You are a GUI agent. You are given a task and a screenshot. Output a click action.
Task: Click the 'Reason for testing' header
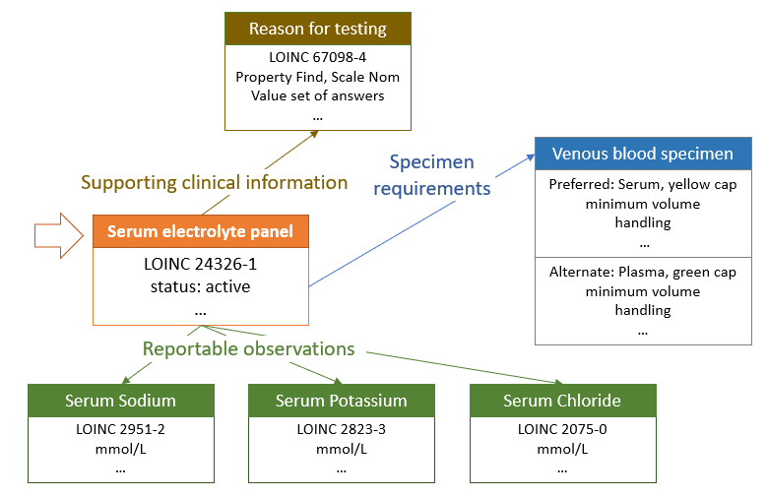click(318, 29)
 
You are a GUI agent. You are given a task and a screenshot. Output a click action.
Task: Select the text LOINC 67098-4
click(318, 57)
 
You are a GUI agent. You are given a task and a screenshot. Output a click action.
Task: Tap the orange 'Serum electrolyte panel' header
click(201, 231)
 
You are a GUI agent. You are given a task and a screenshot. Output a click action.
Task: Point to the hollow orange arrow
click(59, 236)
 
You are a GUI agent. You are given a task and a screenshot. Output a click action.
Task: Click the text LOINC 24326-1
click(201, 264)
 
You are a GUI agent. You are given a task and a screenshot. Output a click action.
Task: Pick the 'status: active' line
click(201, 286)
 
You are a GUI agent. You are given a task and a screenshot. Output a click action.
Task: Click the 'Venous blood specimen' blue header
click(643, 154)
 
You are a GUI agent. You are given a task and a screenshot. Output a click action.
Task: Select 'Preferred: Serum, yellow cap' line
click(643, 184)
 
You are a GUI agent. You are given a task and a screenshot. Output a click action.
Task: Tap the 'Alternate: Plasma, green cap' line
click(643, 272)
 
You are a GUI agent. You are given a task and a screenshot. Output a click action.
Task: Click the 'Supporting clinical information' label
click(215, 182)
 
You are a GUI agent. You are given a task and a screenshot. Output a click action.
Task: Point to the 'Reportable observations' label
click(248, 348)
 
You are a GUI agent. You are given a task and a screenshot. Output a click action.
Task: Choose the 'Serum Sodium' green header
click(121, 401)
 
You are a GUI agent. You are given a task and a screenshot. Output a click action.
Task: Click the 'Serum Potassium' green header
click(342, 401)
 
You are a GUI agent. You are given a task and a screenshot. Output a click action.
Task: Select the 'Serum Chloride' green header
click(562, 401)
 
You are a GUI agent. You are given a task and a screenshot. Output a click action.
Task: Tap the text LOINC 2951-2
click(121, 429)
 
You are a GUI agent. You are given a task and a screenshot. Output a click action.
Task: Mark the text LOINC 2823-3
click(342, 429)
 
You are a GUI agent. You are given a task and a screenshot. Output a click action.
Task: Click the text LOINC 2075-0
click(562, 429)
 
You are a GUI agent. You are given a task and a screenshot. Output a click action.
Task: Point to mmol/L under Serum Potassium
click(342, 449)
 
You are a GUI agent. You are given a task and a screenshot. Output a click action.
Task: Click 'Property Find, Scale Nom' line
click(318, 77)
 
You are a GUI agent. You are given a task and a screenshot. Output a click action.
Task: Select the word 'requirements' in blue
click(432, 189)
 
